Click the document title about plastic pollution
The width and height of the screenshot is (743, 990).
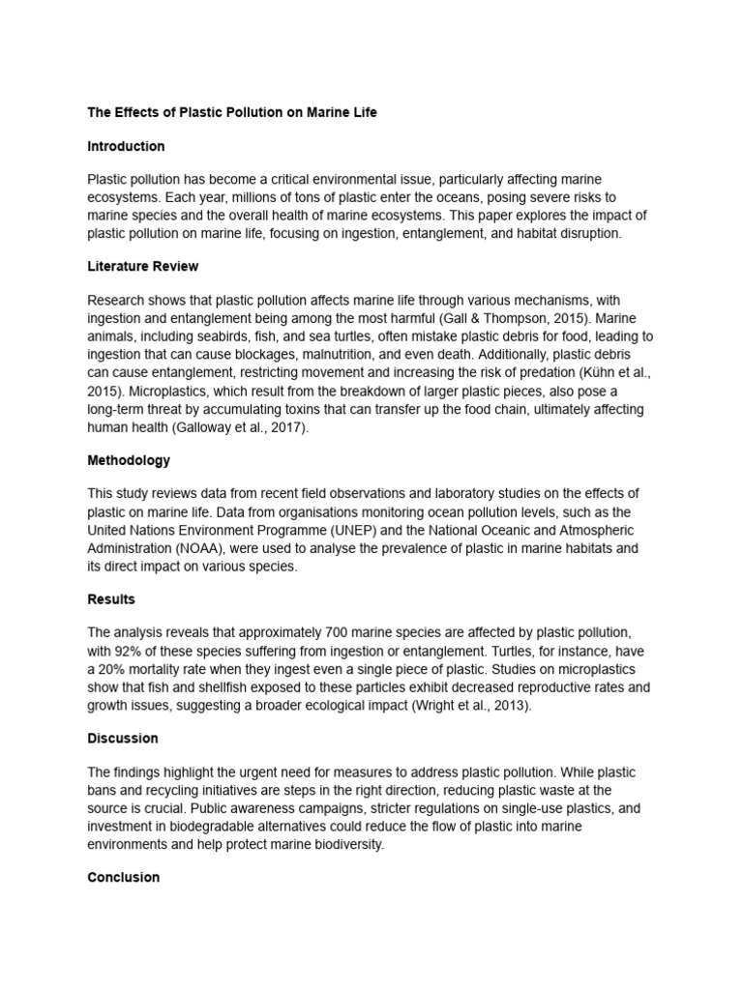click(x=232, y=112)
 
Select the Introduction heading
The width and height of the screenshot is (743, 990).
click(x=126, y=146)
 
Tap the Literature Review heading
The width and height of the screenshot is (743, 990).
click(x=143, y=266)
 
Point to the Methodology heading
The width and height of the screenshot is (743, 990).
click(x=129, y=460)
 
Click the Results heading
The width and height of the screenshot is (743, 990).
click(x=111, y=599)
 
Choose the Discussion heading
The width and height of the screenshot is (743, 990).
click(x=123, y=738)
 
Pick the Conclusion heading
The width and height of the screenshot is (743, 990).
click(x=123, y=877)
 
